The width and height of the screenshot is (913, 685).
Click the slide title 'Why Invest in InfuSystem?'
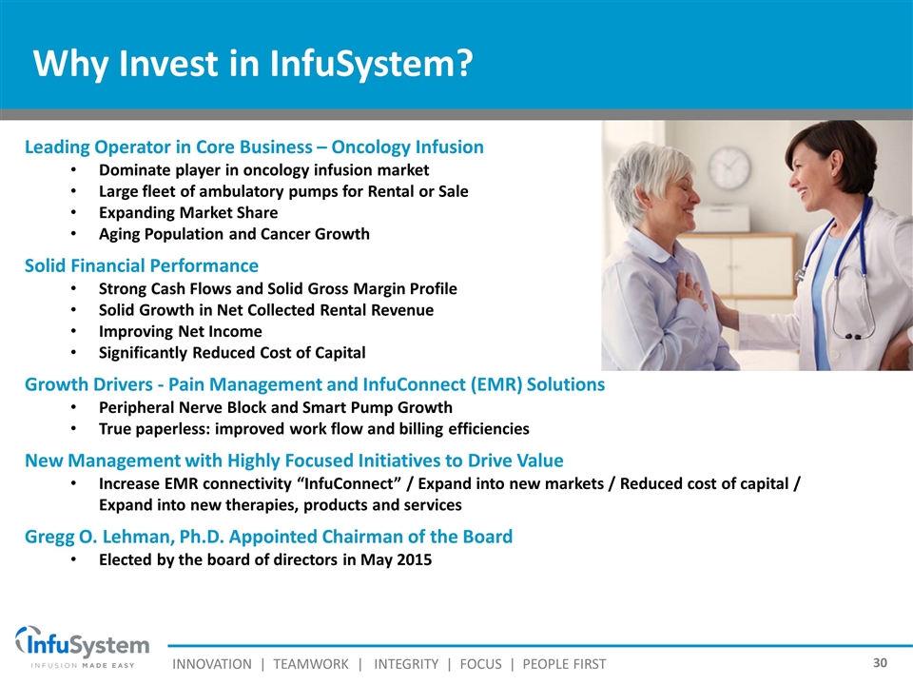[x=253, y=64]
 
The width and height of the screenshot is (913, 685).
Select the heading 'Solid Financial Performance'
[x=142, y=265]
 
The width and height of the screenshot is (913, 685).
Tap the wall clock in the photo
[x=729, y=168]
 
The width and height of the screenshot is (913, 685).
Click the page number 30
[x=880, y=662]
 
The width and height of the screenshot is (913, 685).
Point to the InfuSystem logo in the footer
[x=82, y=647]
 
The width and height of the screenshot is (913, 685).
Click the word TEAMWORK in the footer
[x=311, y=664]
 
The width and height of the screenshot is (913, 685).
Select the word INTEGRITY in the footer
[x=406, y=664]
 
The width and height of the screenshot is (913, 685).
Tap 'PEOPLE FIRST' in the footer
[x=564, y=664]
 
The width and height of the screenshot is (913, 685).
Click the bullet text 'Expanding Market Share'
[x=188, y=212]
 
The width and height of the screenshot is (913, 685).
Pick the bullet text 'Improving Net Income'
[x=181, y=331]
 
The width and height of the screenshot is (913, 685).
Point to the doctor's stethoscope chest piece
[x=853, y=336]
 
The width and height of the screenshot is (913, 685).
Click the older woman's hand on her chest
[x=691, y=288]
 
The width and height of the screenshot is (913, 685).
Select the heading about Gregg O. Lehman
[x=268, y=537]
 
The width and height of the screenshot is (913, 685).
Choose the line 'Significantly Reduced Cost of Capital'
[x=232, y=353]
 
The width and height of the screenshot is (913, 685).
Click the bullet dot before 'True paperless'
[x=73, y=429]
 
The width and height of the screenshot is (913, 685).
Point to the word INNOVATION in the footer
[x=212, y=664]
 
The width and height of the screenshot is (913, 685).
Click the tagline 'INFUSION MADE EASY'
[x=83, y=665]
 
